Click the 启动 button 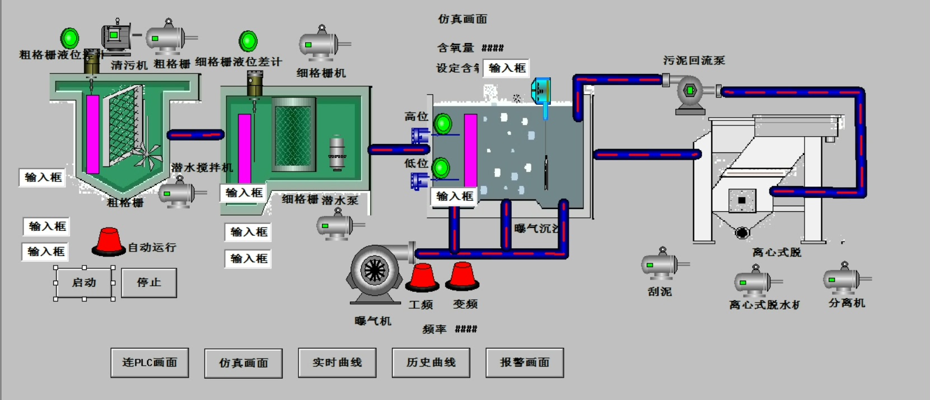pos(85,283)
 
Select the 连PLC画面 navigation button pos(149,362)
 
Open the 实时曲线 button pos(337,362)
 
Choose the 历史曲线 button pos(431,362)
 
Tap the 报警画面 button pos(525,362)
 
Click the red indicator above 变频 pos(462,276)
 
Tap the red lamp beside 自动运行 pos(109,242)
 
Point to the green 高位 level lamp pos(443,123)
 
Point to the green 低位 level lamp pos(441,168)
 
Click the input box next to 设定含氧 pos(506,68)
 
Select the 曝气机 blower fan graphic pos(374,272)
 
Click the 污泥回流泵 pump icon pos(690,92)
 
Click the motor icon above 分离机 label pos(843,278)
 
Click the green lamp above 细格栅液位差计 pos(248,41)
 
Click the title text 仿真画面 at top pos(462,19)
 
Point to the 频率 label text pos(434,329)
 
